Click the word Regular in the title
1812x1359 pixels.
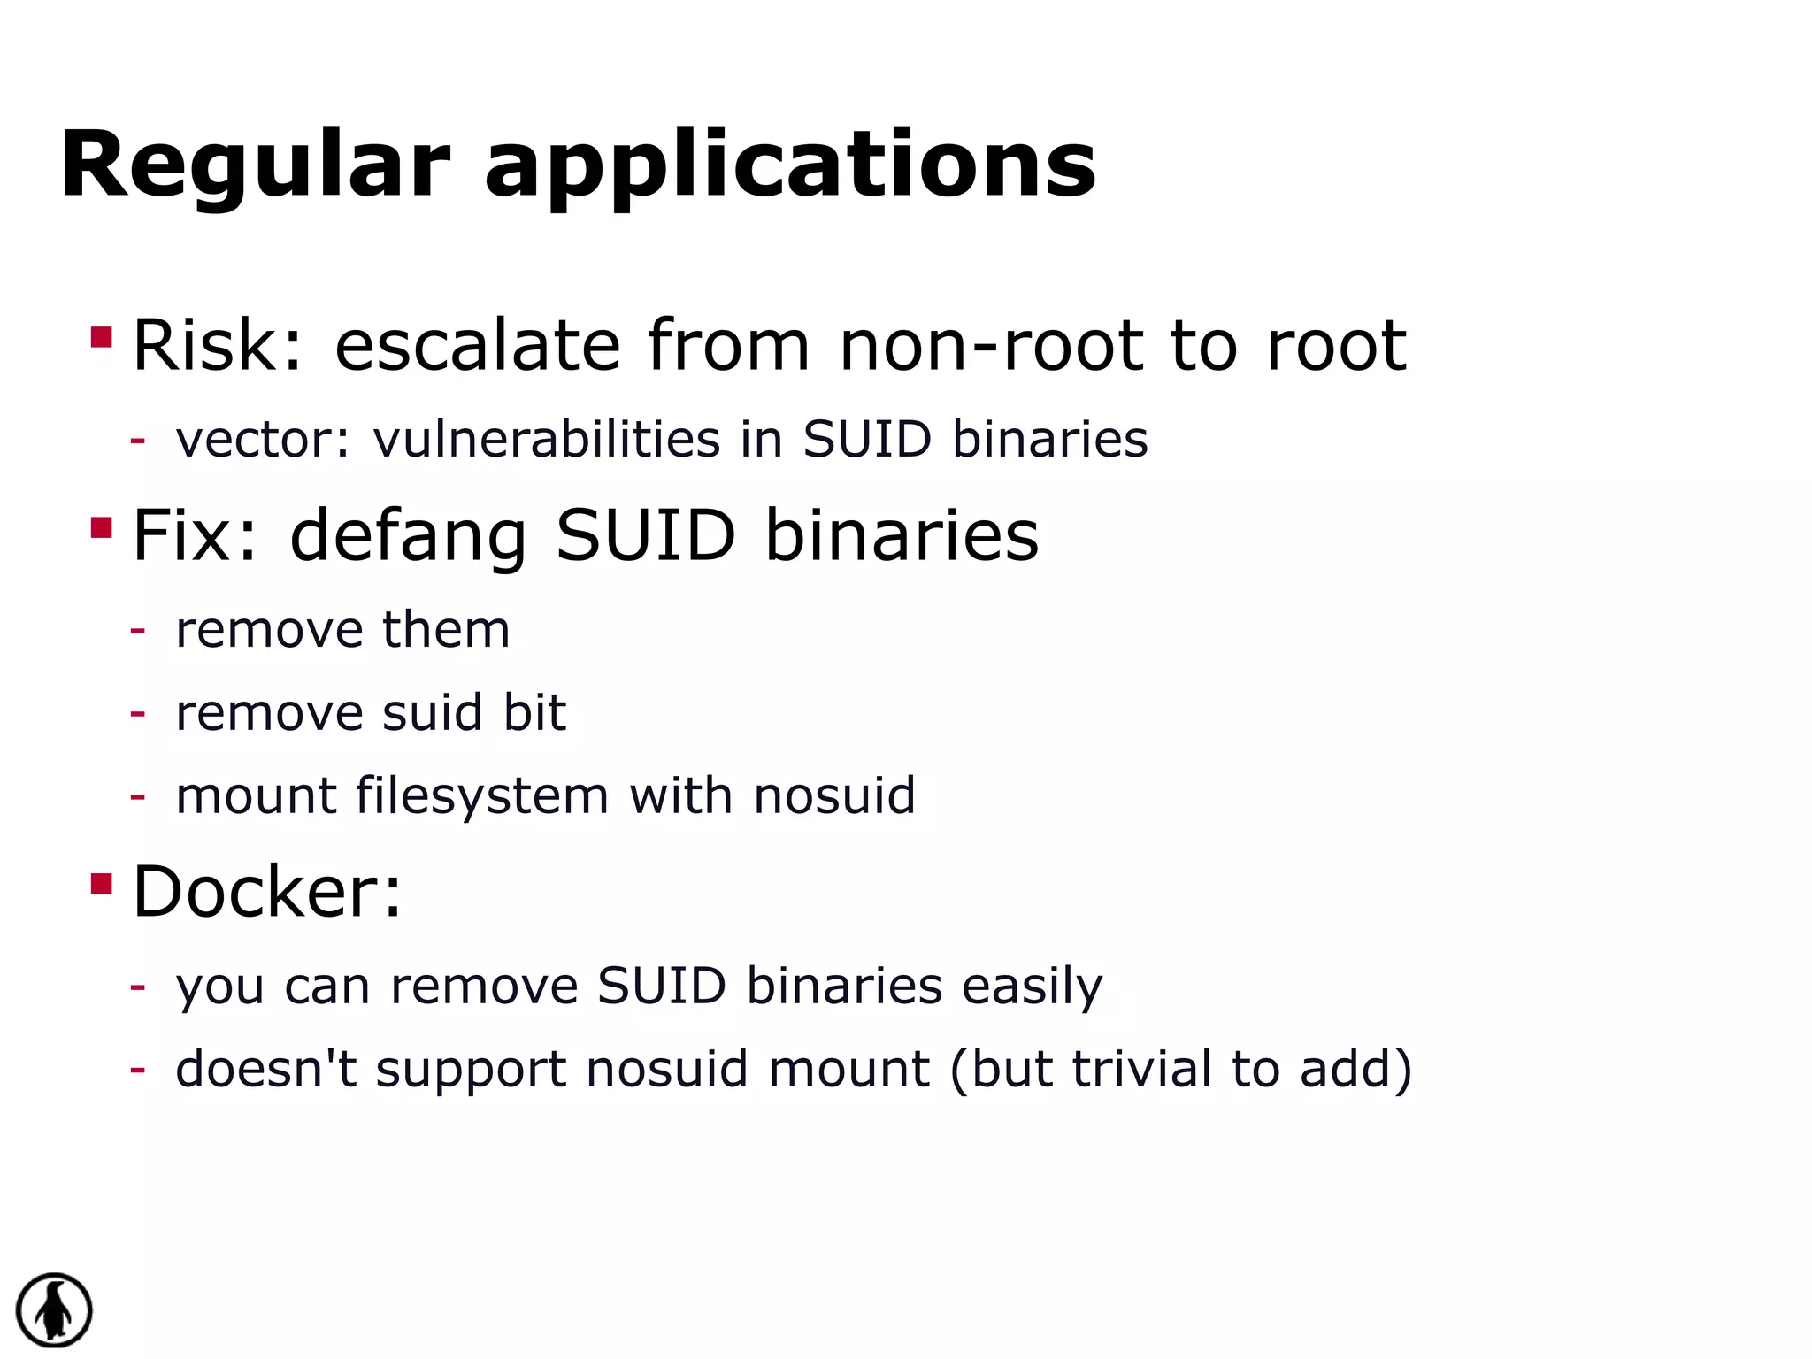pyautogui.click(x=256, y=165)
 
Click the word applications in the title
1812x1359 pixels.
pyautogui.click(x=790, y=165)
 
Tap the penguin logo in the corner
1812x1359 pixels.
pyautogui.click(x=54, y=1310)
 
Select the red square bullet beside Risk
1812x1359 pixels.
pyautogui.click(x=102, y=338)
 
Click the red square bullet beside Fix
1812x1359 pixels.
pyautogui.click(x=102, y=528)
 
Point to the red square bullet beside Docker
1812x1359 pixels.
pyautogui.click(x=102, y=884)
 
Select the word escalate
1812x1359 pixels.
pyautogui.click(x=478, y=345)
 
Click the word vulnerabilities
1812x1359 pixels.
pyautogui.click(x=547, y=439)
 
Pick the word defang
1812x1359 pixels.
pyautogui.click(x=408, y=536)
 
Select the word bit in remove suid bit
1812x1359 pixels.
pyautogui.click(x=534, y=712)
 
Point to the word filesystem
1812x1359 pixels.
pyautogui.click(x=481, y=795)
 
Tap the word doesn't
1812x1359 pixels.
pyautogui.click(x=266, y=1069)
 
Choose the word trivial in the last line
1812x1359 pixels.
pyautogui.click(x=1141, y=1069)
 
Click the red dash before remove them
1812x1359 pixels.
pyautogui.click(x=137, y=631)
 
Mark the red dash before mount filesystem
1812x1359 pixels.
pyautogui.click(x=137, y=796)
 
